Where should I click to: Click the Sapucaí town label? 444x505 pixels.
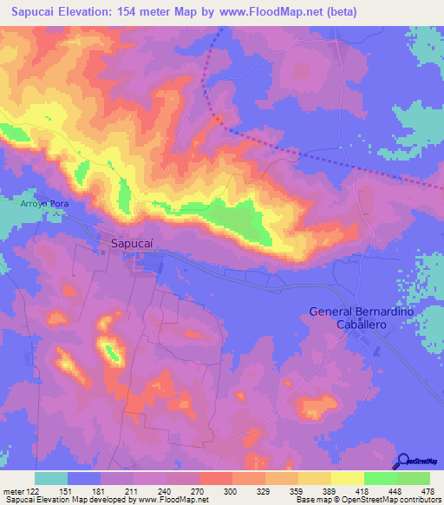coord(134,245)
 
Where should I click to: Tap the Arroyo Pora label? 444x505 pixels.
coord(44,203)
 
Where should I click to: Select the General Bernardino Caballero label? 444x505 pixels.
coord(362,318)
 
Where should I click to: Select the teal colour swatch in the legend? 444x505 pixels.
coord(51,478)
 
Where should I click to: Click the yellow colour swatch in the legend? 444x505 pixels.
coord(347,478)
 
